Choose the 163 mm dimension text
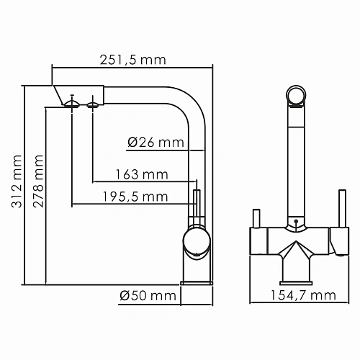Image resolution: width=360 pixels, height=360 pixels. (x=141, y=174)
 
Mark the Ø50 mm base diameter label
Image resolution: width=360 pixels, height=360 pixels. (x=148, y=295)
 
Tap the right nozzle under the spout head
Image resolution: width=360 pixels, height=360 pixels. (x=92, y=106)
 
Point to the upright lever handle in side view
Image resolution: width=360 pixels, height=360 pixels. (x=195, y=206)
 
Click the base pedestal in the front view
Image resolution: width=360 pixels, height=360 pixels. (x=296, y=269)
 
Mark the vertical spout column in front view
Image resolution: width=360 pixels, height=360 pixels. (x=296, y=162)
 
